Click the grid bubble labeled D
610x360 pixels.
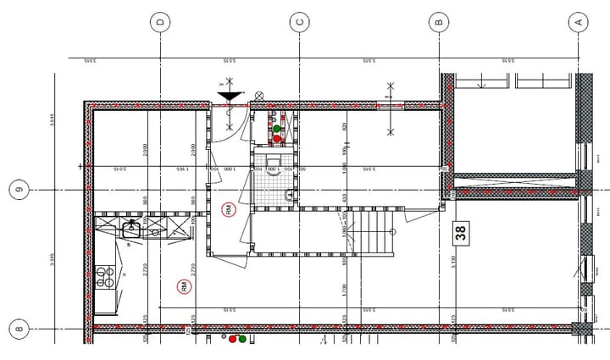click(x=160, y=22)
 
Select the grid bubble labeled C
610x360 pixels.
click(x=299, y=22)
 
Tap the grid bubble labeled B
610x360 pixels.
click(x=439, y=22)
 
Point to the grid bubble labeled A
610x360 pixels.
click(x=579, y=22)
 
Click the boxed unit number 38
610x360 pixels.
click(x=461, y=230)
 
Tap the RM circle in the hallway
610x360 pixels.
click(x=229, y=209)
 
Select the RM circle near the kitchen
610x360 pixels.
click(x=184, y=287)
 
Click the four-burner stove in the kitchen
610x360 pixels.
click(x=105, y=278)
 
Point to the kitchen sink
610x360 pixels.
click(x=132, y=228)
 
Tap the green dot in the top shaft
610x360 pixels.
click(x=277, y=129)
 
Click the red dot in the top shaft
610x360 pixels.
click(x=277, y=138)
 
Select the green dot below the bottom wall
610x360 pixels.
click(x=242, y=339)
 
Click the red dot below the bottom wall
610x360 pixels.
click(x=233, y=339)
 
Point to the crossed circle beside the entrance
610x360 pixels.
click(x=259, y=96)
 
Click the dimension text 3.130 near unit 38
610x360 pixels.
click(x=453, y=262)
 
